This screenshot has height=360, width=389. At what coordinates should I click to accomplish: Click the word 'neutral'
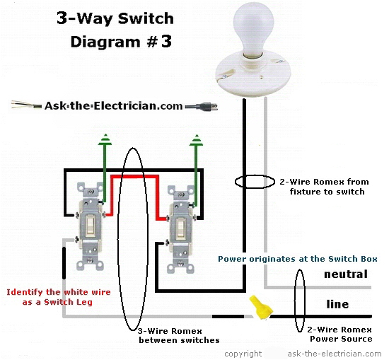click(346, 274)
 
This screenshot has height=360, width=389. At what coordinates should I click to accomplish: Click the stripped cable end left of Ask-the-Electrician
click(26, 106)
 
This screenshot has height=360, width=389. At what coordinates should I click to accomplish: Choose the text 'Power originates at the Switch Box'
click(298, 259)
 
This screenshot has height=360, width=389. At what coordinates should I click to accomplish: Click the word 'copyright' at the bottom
click(243, 353)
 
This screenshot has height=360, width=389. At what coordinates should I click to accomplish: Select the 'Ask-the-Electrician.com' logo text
click(112, 106)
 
